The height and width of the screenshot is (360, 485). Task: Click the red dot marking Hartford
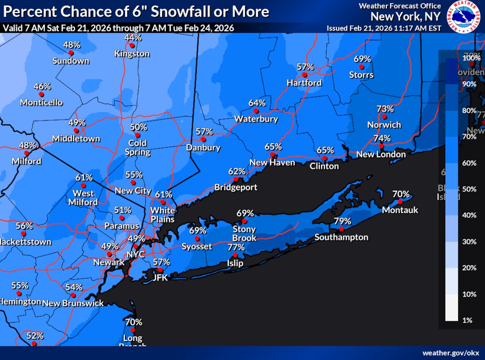pos(304,75)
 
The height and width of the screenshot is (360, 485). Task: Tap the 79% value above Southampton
pos(342,221)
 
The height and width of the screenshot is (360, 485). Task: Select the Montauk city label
pos(400,210)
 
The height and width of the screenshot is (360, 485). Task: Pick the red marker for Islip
pos(235,255)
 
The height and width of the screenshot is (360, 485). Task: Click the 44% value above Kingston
pos(133,37)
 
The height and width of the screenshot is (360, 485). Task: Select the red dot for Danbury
pos(203,139)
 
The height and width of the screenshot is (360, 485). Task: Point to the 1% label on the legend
pos(467,320)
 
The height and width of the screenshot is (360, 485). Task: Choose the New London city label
pos(381,154)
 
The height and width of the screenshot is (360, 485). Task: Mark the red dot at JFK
pos(160,270)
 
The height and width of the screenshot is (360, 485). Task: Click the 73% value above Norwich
pos(385,109)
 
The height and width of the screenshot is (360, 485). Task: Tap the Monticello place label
pos(41,102)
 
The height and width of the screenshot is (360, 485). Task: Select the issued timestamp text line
pos(384,28)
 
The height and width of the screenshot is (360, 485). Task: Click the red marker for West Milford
pos(83,185)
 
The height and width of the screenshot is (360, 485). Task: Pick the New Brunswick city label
pos(73,303)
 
